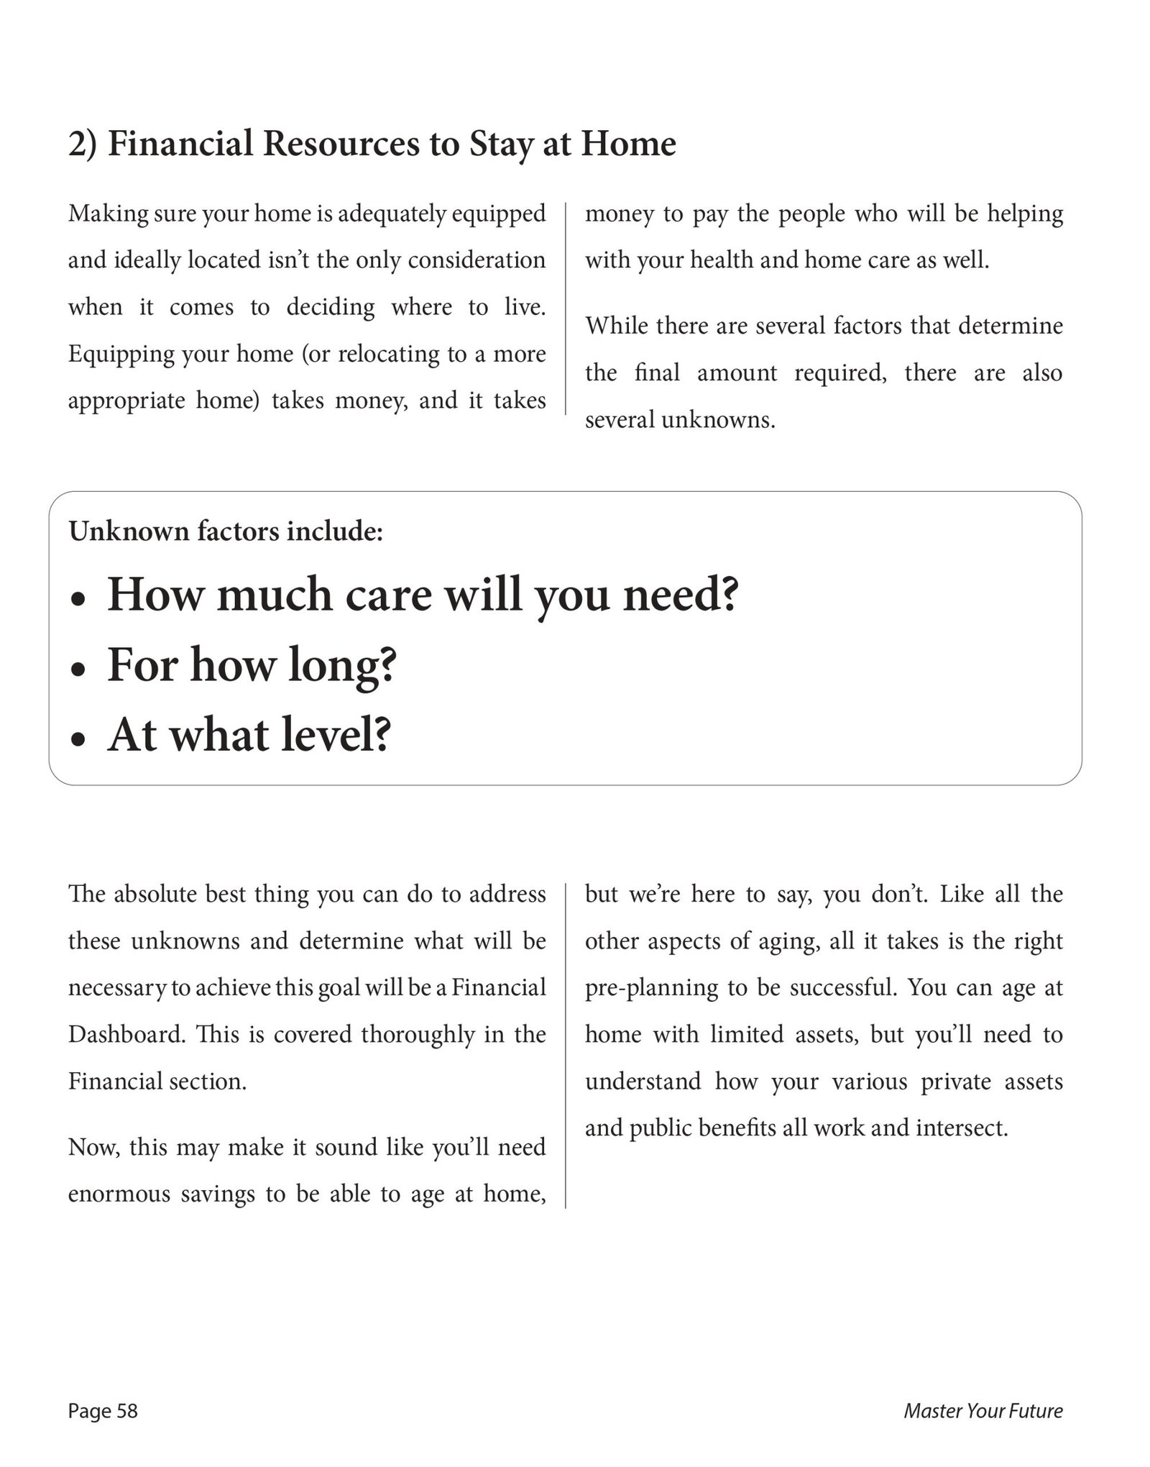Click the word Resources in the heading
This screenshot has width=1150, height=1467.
click(x=340, y=144)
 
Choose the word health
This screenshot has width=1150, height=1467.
click(x=720, y=260)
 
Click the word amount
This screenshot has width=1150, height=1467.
click(x=737, y=373)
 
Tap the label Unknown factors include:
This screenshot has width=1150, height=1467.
click(x=226, y=531)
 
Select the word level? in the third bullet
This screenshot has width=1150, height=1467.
click(x=336, y=735)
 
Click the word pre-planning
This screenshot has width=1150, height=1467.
click(x=651, y=988)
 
